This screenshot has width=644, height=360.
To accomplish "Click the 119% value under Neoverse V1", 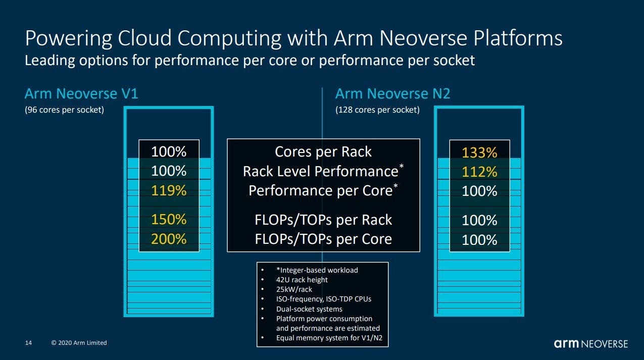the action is point(169,190).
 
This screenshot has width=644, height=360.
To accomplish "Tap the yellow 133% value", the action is point(479,152).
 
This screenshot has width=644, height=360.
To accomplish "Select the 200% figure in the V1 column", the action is point(169,239).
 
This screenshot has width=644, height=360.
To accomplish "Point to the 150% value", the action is point(169,220).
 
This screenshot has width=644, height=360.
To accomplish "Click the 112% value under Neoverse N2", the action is point(479,172).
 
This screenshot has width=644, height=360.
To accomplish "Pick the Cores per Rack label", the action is point(323,151).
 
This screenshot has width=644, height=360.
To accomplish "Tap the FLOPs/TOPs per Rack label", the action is point(323,220).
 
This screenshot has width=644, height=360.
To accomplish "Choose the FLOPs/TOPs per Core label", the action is point(323,239).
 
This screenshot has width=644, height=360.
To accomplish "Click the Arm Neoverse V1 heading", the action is point(81,94).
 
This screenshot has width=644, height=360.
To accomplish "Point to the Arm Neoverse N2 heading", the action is point(393,94).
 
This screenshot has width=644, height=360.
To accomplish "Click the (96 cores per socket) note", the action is point(65,110).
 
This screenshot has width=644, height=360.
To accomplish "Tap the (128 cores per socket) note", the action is point(377,110).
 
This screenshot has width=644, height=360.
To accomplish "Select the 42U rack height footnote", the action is point(302,280).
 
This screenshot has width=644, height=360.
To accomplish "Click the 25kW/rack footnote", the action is point(294,289).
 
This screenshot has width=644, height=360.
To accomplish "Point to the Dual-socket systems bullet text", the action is point(309,309).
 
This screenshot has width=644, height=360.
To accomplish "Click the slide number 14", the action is point(28,343).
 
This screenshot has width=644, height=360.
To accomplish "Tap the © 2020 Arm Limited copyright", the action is point(79,343).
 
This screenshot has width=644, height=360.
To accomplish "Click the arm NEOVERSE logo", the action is point(591,344).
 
